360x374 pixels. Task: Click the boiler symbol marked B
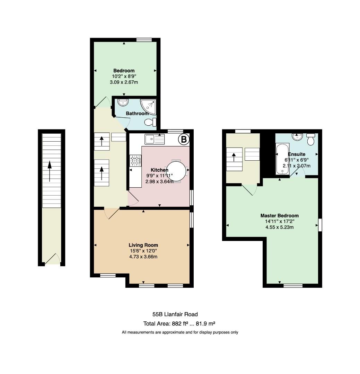click(x=184, y=139)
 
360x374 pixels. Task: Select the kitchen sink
click(x=155, y=139)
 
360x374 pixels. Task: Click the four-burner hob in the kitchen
click(x=135, y=161)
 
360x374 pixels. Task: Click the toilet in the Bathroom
click(x=150, y=122)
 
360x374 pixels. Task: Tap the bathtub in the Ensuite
click(x=282, y=159)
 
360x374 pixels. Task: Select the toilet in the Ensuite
click(x=310, y=140)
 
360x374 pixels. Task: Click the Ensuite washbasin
click(x=297, y=137)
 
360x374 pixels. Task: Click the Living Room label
click(x=143, y=245)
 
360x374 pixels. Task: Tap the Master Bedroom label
click(x=280, y=215)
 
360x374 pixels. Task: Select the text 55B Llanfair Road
click(x=175, y=314)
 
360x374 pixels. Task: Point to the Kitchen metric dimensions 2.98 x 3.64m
click(x=159, y=181)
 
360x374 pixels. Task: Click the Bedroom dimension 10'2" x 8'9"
click(x=124, y=76)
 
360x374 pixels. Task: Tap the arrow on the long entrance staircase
click(x=50, y=171)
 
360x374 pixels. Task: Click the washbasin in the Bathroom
click(x=123, y=102)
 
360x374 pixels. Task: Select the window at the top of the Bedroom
click(x=144, y=40)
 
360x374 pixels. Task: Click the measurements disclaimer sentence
click(x=180, y=332)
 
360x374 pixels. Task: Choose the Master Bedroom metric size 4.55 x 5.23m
click(x=280, y=227)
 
